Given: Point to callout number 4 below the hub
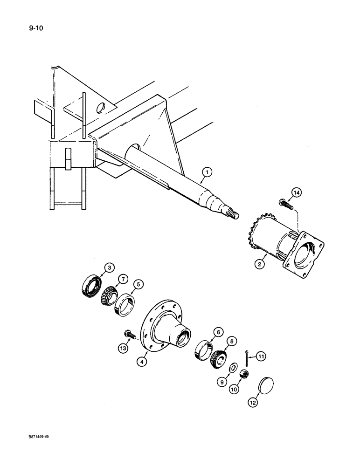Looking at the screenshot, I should click(142, 360).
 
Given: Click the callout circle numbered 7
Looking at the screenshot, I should click(124, 279).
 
